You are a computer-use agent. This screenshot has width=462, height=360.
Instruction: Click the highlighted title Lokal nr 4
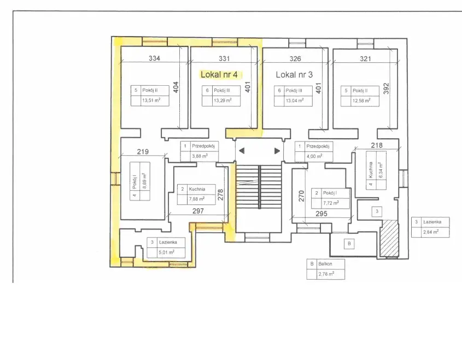click(219, 74)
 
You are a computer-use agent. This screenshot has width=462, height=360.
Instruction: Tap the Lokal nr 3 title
click(294, 75)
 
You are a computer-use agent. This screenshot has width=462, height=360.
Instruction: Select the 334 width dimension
click(154, 58)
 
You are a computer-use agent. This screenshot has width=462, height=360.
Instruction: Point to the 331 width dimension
click(224, 58)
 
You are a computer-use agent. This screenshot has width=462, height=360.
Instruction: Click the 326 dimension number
click(295, 58)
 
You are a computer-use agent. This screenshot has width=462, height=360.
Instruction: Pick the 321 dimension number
click(365, 59)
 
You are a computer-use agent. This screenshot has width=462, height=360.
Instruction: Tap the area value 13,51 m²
click(151, 101)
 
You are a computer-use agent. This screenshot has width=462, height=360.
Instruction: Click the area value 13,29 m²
click(223, 101)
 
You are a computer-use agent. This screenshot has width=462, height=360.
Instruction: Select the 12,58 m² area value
click(361, 101)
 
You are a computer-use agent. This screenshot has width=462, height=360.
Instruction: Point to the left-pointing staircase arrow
click(242, 151)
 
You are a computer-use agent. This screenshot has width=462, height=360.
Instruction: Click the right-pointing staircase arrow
click(277, 151)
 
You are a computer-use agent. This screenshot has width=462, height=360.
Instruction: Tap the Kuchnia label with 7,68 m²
click(197, 189)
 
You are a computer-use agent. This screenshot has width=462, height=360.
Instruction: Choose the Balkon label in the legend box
click(325, 264)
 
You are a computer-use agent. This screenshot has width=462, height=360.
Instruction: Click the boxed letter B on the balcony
click(349, 244)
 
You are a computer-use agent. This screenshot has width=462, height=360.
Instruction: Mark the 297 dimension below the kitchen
click(198, 211)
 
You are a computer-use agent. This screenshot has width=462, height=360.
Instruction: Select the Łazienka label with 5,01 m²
click(168, 242)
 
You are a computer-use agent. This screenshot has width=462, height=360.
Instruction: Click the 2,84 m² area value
click(431, 232)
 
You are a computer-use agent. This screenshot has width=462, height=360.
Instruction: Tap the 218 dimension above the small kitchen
click(377, 145)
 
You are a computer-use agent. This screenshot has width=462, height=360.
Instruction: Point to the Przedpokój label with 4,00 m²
click(318, 146)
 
